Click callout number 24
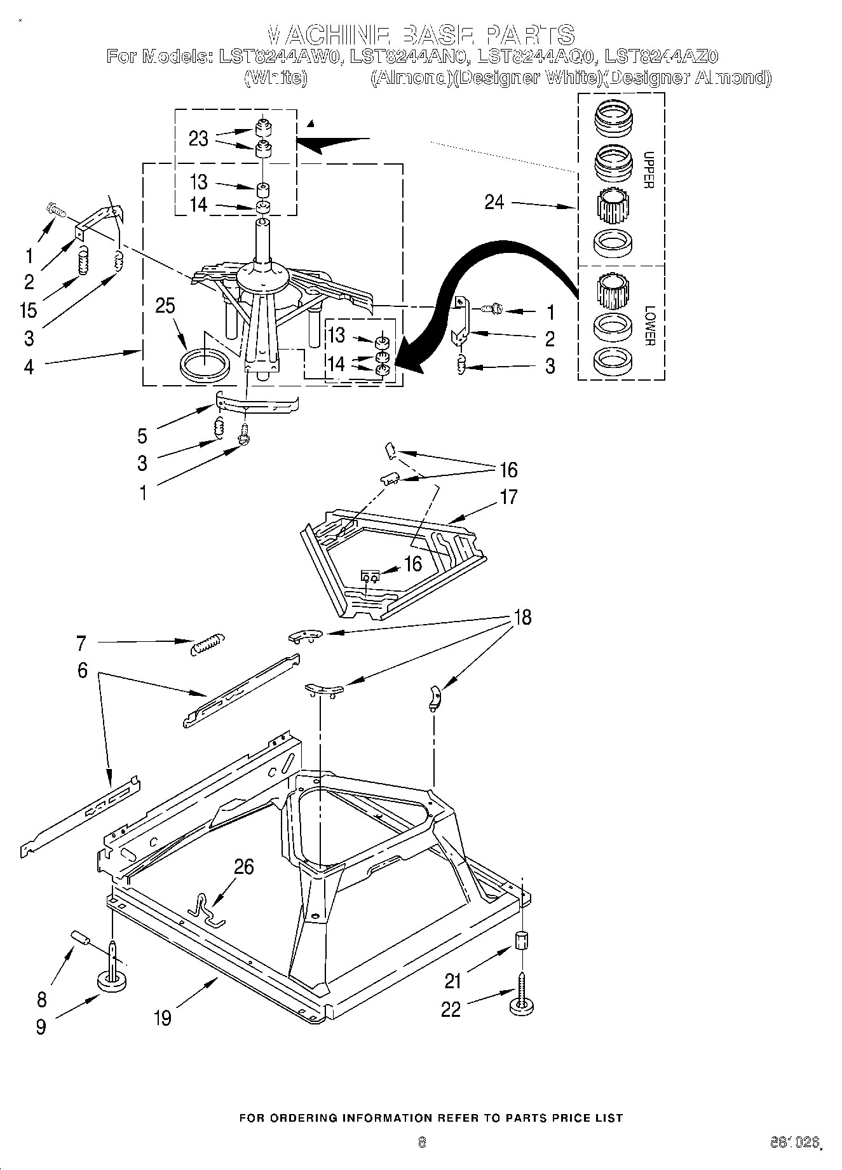pyautogui.click(x=494, y=203)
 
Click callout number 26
pyautogui.click(x=244, y=867)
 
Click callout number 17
pyautogui.click(x=509, y=496)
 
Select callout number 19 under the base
pyautogui.click(x=163, y=1017)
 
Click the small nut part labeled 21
pyautogui.click(x=521, y=940)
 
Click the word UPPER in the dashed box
pyautogui.click(x=648, y=170)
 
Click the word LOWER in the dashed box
pyautogui.click(x=649, y=326)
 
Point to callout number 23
pyautogui.click(x=198, y=139)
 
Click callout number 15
pyautogui.click(x=29, y=310)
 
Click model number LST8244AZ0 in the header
pyautogui.click(x=662, y=57)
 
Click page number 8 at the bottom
pyautogui.click(x=421, y=1142)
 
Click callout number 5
pyautogui.click(x=142, y=436)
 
